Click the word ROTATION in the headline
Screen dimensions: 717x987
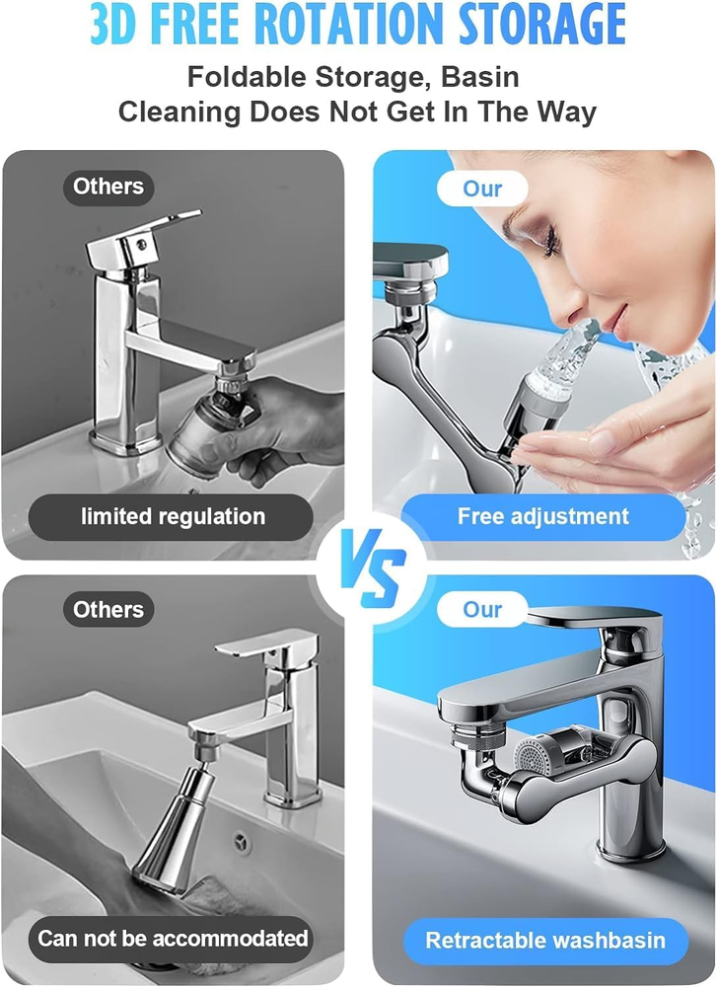354,24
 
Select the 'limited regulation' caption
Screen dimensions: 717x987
173,517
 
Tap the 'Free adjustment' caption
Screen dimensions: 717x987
542,517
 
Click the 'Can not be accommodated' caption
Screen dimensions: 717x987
173,939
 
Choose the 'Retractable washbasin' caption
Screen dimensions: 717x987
545,941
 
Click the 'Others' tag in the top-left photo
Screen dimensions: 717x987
108,187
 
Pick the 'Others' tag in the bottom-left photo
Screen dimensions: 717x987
108,609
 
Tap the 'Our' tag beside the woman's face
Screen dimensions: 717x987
482,189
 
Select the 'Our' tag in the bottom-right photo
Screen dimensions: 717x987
482,609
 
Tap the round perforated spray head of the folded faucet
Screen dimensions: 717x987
533,756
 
